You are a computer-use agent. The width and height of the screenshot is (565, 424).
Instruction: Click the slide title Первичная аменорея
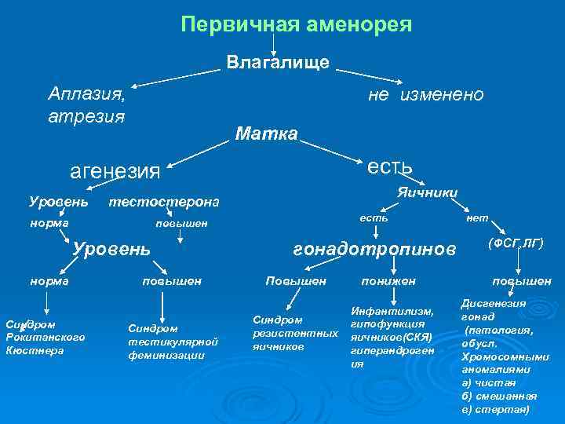296,24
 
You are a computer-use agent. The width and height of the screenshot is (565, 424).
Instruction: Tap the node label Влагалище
279,61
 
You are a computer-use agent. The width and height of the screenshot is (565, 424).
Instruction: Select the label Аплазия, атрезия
86,104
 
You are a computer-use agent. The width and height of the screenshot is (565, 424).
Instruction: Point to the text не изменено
426,94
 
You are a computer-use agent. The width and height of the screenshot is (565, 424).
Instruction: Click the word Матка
267,134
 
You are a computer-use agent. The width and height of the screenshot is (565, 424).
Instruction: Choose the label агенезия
115,170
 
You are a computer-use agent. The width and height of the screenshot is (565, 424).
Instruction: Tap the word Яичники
428,192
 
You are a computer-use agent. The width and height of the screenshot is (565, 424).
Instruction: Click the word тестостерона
163,203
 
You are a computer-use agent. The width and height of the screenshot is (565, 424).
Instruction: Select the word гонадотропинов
374,249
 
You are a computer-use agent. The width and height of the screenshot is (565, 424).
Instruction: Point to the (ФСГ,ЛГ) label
516,244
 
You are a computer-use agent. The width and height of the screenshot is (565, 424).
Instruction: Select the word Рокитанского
45,337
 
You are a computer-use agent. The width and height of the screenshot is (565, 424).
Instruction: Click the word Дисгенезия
494,303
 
